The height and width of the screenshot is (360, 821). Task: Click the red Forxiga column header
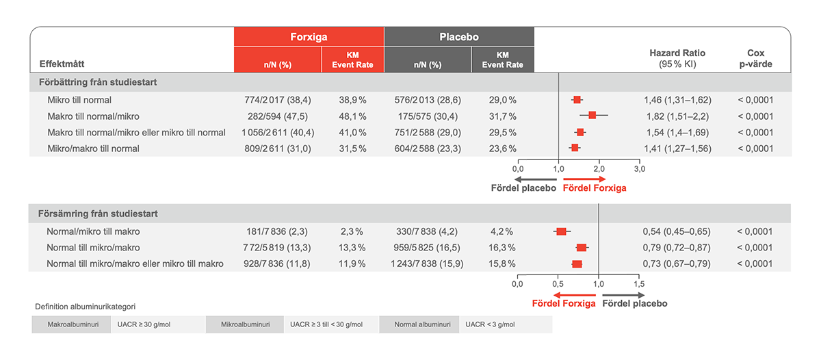(309, 37)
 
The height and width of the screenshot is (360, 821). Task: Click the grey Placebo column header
(458, 37)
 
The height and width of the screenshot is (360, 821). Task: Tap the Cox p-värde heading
(755, 58)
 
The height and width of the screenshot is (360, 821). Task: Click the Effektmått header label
(62, 65)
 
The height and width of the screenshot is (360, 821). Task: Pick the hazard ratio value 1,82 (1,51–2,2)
(677, 116)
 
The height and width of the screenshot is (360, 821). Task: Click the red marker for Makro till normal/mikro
(592, 116)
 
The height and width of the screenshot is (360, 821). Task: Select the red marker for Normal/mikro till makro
(562, 231)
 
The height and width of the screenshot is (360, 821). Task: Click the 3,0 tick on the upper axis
(639, 168)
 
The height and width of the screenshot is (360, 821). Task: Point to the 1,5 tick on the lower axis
(639, 284)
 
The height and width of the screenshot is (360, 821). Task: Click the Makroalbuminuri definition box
(70, 324)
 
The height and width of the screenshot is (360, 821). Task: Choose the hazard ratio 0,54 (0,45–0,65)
(677, 231)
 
